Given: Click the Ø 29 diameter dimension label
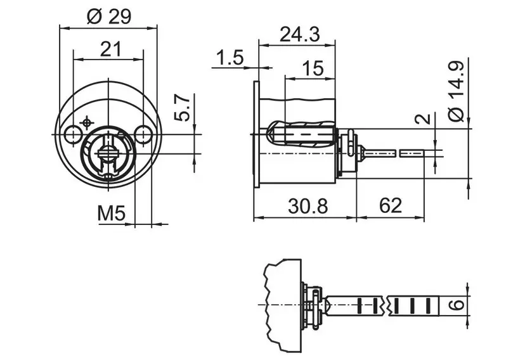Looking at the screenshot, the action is [109, 16].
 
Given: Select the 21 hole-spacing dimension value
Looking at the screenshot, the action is [111, 49].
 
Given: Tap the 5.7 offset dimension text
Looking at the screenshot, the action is [182, 107].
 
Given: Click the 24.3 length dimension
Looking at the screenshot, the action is [300, 34].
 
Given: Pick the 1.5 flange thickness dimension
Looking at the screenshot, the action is [230, 58].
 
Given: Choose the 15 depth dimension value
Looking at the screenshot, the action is [313, 68].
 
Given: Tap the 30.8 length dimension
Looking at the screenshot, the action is [308, 206].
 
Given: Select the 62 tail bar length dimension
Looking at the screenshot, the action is [390, 205].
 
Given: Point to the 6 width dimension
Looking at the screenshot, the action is [458, 304].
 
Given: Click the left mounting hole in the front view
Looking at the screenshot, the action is [72, 134].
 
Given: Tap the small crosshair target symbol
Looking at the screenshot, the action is [86, 123].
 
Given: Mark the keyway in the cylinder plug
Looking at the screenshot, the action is [108, 154].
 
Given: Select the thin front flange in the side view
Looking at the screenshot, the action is [256, 134].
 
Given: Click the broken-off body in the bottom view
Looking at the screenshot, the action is [282, 304].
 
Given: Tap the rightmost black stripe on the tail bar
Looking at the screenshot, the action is [429, 305].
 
